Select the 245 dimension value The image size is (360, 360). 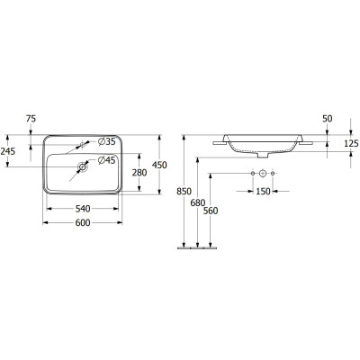tap(9, 151)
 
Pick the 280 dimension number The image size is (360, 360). tap(139, 172)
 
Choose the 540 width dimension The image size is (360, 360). tap(83, 209)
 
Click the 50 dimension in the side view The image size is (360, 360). tap(328, 119)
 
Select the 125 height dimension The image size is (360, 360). tap(350, 143)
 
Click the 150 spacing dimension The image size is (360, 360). tap(262, 192)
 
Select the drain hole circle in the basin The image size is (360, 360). tap(83, 165)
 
